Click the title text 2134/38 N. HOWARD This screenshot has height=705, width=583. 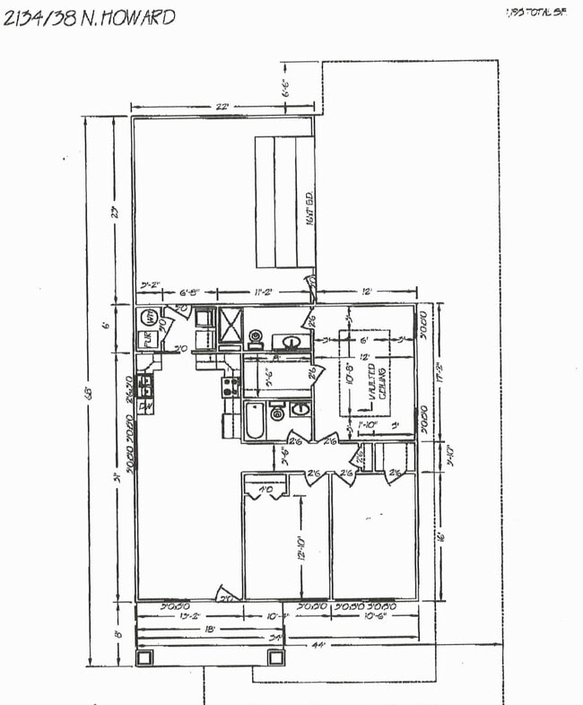click(89, 17)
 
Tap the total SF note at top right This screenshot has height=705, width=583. click(537, 13)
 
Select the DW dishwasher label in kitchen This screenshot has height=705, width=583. click(144, 405)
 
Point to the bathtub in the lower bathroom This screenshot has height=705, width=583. click(254, 422)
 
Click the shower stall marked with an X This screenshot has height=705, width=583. click(231, 328)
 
